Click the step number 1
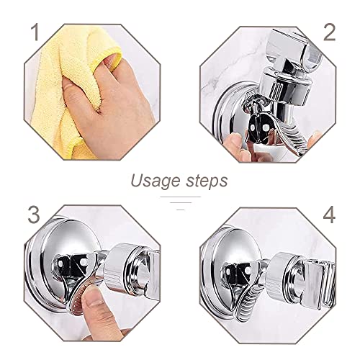coord(35,32)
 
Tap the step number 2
coord(329,32)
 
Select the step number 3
coord(33,215)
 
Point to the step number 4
coord(329,215)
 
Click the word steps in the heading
coord(207,181)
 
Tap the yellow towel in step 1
coord(63,91)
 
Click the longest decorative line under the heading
coord(180,197)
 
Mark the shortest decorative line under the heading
coord(180,210)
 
